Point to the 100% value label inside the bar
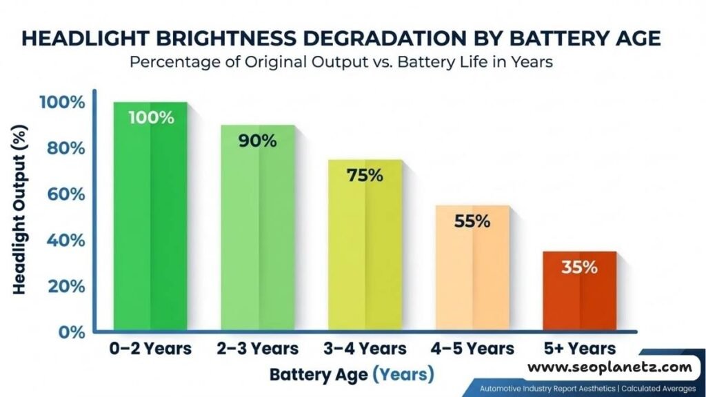(x=151, y=117)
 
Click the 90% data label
(x=258, y=141)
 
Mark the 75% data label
(x=365, y=175)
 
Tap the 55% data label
(x=472, y=221)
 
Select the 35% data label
(x=579, y=267)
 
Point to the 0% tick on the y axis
(x=71, y=332)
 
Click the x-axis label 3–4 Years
(x=365, y=349)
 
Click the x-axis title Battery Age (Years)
(x=352, y=375)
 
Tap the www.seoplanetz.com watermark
(x=609, y=367)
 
